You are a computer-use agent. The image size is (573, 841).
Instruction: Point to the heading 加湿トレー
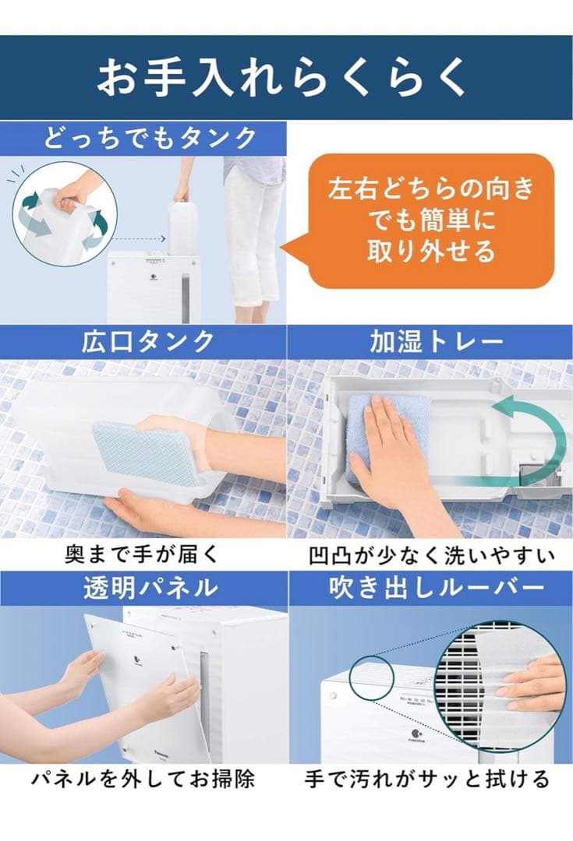(x=430, y=342)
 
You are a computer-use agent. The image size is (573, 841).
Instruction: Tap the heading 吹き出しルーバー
(x=430, y=589)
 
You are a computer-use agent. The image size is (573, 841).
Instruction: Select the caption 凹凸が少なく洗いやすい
(x=430, y=554)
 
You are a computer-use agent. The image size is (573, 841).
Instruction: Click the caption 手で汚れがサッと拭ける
(x=430, y=778)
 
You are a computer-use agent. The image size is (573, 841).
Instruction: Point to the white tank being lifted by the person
(x=186, y=226)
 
